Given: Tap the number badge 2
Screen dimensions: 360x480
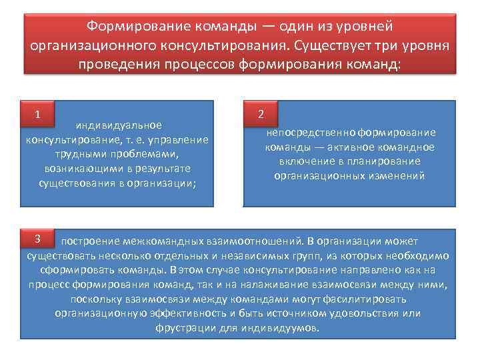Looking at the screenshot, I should point(261,114).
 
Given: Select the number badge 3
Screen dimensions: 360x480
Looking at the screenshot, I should point(39,239).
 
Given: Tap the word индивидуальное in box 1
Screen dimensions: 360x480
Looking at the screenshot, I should point(119,125).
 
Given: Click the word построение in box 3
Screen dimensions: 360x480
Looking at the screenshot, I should point(91,241).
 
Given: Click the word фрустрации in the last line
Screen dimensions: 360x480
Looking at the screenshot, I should point(189,329).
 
